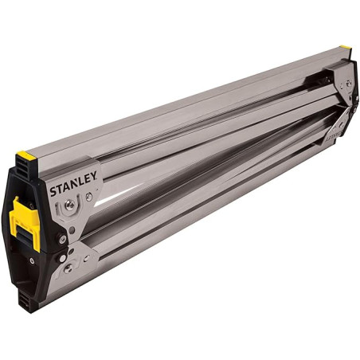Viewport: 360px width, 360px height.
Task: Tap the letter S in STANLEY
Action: (x=53, y=193)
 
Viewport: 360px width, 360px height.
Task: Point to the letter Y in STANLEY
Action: (x=95, y=177)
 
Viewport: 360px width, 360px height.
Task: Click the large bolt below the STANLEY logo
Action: (x=71, y=206)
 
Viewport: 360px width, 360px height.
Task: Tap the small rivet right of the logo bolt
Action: (x=88, y=197)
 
